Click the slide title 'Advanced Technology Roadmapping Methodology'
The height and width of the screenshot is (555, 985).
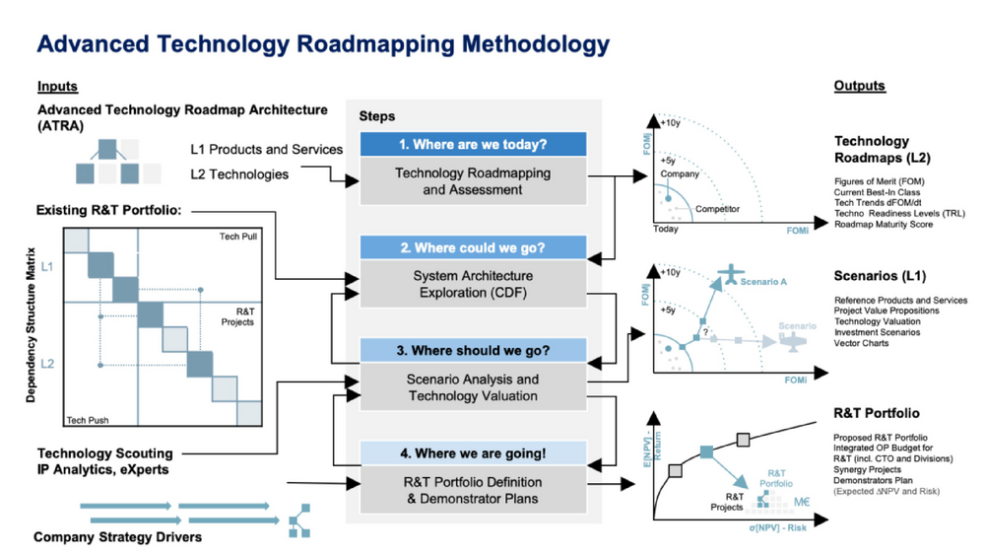tap(323, 44)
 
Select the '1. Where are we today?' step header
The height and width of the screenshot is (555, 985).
tap(473, 144)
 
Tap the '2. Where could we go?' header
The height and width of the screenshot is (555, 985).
tap(473, 247)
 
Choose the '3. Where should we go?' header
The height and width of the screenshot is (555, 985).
tap(473, 350)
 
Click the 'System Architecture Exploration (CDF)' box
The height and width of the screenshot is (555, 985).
tap(473, 284)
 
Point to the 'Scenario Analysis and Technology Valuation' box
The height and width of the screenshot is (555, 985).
tap(473, 387)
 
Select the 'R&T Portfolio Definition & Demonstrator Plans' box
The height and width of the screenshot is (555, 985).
tap(473, 490)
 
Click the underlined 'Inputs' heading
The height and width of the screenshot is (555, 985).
tap(57, 87)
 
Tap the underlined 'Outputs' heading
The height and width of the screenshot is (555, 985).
tap(860, 86)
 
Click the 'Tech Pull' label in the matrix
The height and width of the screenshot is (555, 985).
tap(237, 238)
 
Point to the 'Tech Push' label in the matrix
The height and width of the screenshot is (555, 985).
tap(89, 420)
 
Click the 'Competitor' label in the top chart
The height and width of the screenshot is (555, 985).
tap(717, 209)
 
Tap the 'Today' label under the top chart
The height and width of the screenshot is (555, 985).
tap(667, 229)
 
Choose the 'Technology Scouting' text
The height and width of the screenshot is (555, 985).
tap(104, 453)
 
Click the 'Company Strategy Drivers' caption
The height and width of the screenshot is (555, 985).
tap(117, 537)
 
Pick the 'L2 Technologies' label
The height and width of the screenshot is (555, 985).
tap(239, 174)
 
